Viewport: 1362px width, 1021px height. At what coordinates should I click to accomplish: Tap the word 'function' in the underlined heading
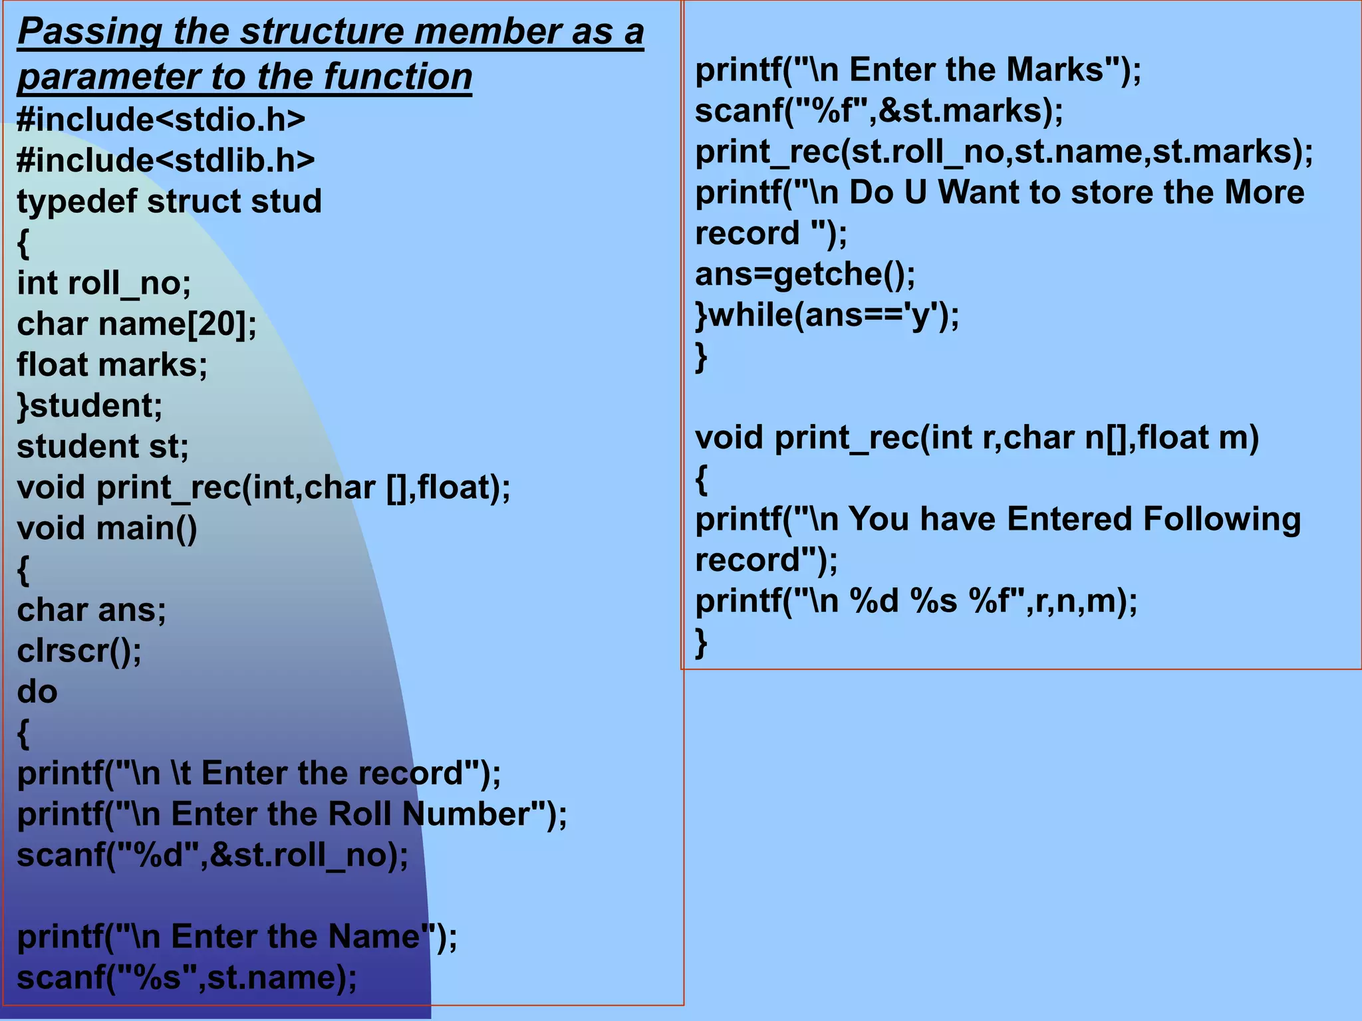(x=398, y=77)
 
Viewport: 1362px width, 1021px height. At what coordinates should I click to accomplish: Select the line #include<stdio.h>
(x=161, y=120)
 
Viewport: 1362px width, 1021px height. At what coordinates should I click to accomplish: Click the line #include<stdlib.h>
(x=166, y=161)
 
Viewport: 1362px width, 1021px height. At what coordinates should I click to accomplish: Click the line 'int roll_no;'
(x=104, y=284)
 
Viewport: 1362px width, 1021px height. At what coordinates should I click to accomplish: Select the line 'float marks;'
(x=112, y=365)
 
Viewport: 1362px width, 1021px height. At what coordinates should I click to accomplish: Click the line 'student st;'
(x=102, y=447)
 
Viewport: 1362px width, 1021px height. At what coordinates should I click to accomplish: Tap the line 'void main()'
(x=107, y=528)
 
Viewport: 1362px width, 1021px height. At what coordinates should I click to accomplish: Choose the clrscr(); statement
(x=79, y=651)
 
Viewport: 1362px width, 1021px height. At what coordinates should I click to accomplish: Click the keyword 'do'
(x=37, y=692)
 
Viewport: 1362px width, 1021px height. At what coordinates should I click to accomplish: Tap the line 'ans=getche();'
(x=805, y=275)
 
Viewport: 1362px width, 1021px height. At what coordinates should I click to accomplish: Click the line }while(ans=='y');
(x=827, y=315)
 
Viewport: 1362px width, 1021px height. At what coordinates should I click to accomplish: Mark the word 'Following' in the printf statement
(x=1221, y=519)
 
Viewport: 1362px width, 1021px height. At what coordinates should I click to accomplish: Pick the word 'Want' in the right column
(x=978, y=193)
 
